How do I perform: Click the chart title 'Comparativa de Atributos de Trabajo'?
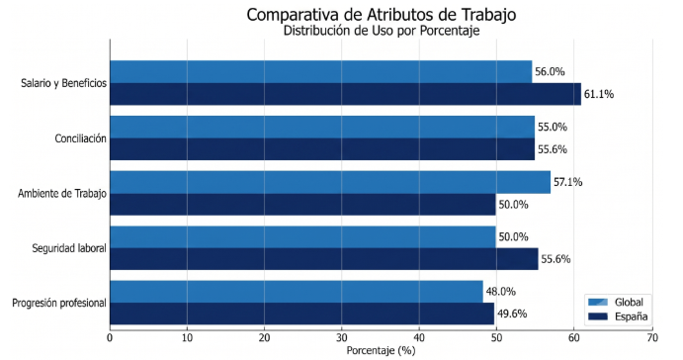tap(382, 15)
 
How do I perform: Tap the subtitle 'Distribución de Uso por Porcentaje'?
tap(382, 31)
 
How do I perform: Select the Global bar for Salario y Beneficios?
tap(321, 72)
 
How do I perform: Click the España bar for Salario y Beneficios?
tap(345, 94)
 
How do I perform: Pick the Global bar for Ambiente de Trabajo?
tap(330, 182)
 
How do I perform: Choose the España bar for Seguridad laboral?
tap(324, 259)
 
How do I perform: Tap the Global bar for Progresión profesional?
tap(297, 292)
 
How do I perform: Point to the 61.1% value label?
tap(599, 94)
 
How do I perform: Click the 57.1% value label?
tap(567, 182)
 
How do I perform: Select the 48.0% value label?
tap(500, 292)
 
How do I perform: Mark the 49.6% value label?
tap(512, 314)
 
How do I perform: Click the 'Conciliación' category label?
tap(81, 138)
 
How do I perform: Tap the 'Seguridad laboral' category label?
tap(69, 248)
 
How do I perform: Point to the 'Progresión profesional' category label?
tap(59, 304)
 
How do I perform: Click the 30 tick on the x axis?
tap(342, 338)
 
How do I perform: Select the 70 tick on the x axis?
tap(652, 338)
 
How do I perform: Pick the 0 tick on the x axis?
tap(110, 338)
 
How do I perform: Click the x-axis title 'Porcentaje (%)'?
tap(382, 350)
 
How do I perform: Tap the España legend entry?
tap(618, 316)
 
